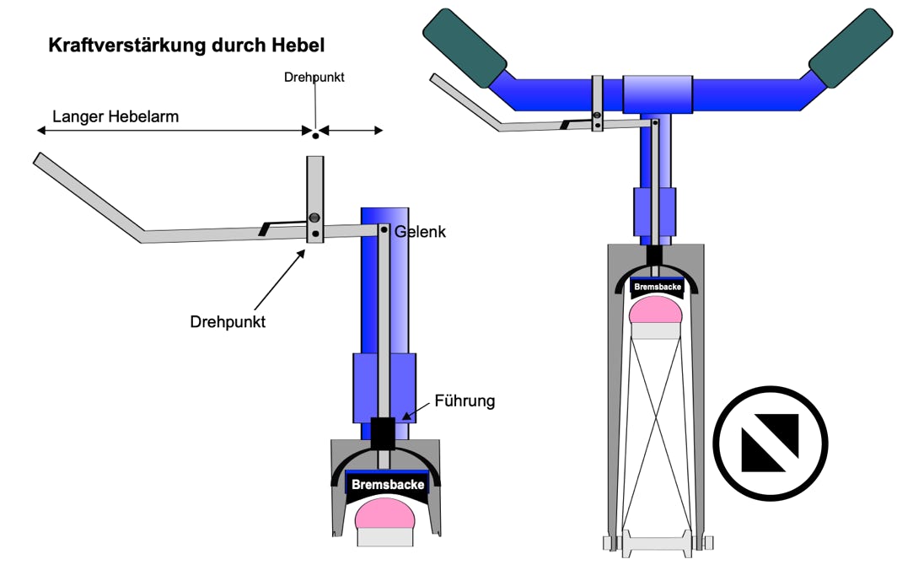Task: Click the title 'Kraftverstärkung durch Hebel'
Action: coord(186,46)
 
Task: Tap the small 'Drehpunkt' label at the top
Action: coord(314,78)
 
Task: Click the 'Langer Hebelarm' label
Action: coord(115,116)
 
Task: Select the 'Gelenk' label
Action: coord(420,232)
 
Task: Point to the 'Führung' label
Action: coord(465,401)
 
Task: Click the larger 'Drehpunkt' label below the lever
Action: coord(228,321)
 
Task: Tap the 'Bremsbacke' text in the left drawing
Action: coord(388,485)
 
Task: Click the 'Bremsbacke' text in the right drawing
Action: coord(658,287)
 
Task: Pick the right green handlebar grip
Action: coord(850,48)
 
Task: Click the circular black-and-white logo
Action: coord(770,443)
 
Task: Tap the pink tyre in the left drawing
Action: coord(384,514)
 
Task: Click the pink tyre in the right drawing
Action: coord(656,311)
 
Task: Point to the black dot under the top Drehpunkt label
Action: coord(315,136)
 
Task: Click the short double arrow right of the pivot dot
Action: coord(351,131)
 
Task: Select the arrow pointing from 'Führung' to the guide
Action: coord(416,410)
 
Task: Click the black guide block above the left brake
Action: coord(383,433)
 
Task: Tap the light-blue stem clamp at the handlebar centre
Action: coord(658,94)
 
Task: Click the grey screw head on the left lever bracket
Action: coord(314,218)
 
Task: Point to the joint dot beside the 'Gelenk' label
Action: coord(384,230)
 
